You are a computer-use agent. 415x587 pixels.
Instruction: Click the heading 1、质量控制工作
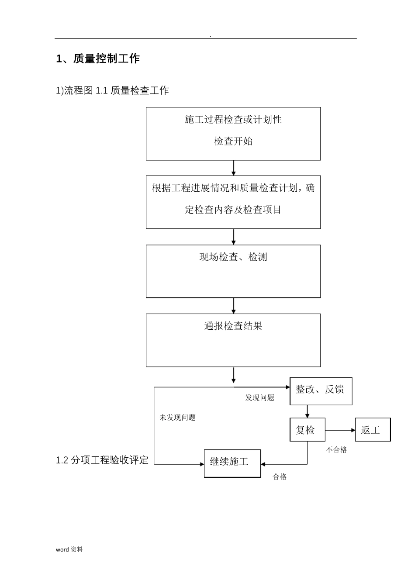pyautogui.click(x=98, y=59)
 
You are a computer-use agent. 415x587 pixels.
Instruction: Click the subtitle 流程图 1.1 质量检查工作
pyautogui.click(x=112, y=90)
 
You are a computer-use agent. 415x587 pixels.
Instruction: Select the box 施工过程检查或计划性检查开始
pyautogui.click(x=233, y=133)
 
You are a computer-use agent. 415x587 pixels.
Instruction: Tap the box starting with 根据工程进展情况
pyautogui.click(x=233, y=202)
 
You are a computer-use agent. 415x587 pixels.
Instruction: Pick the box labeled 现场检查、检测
pyautogui.click(x=233, y=271)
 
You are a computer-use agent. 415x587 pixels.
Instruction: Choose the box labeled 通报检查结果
pyautogui.click(x=233, y=340)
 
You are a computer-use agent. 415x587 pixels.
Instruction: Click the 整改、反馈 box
pyautogui.click(x=321, y=390)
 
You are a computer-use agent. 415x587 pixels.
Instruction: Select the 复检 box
pyautogui.click(x=308, y=430)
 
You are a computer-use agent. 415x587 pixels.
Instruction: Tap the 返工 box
pyautogui.click(x=373, y=430)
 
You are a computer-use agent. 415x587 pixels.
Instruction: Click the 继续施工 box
pyautogui.click(x=232, y=463)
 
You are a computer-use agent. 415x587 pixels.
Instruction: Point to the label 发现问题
pyautogui.click(x=259, y=398)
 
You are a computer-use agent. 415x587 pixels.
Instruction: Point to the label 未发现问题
pyautogui.click(x=177, y=418)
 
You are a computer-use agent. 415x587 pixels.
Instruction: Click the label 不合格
pyautogui.click(x=336, y=449)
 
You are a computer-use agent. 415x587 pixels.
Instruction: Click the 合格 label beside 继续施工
pyautogui.click(x=280, y=477)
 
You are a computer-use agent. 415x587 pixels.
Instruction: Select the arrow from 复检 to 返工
pyautogui.click(x=340, y=430)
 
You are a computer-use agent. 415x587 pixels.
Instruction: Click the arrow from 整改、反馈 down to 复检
pyautogui.click(x=308, y=411)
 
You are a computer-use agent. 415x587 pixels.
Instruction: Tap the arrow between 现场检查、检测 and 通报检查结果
pyautogui.click(x=234, y=305)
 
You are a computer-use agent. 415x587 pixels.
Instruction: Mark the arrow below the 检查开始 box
pyautogui.click(x=234, y=168)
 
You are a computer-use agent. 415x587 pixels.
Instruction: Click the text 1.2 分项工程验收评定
pyautogui.click(x=102, y=460)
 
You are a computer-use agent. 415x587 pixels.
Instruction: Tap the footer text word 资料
pyautogui.click(x=69, y=549)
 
